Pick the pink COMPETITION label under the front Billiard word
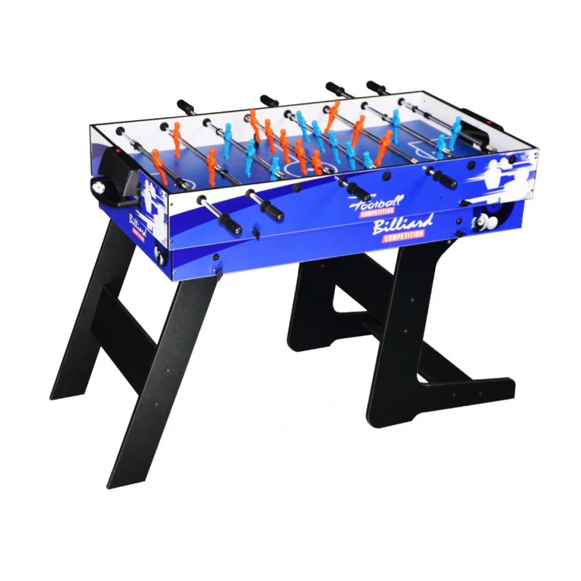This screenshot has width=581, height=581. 403,234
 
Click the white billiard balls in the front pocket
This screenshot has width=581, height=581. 483,221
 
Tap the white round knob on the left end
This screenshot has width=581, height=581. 97,185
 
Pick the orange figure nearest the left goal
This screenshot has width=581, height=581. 158,163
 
